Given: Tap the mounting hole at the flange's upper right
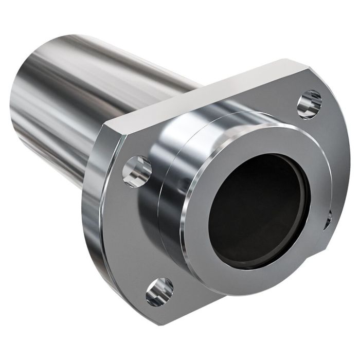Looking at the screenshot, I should point(310,102).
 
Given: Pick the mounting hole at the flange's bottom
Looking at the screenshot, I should point(159,291).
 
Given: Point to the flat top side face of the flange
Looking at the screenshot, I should point(206,95).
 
